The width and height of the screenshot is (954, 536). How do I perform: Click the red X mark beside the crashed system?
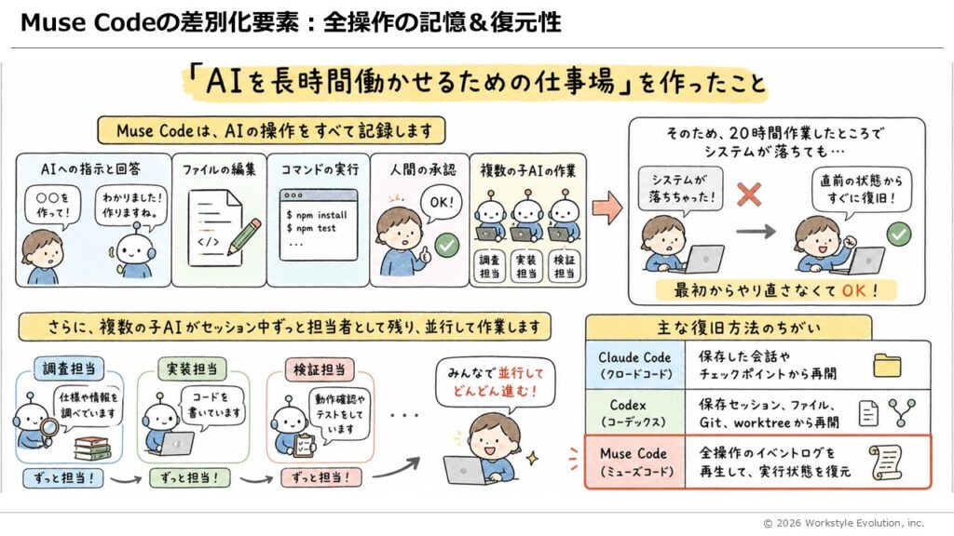pyautogui.click(x=749, y=195)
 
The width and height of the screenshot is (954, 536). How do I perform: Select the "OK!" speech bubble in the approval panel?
pyautogui.click(x=441, y=203)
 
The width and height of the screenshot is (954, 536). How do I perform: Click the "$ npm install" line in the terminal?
pyautogui.click(x=317, y=215)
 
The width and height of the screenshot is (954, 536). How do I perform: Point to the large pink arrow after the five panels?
pyautogui.click(x=607, y=208)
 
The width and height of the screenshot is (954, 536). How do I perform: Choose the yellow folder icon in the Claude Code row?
pyautogui.click(x=887, y=365)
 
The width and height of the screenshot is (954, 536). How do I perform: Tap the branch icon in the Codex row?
pyautogui.click(x=902, y=412)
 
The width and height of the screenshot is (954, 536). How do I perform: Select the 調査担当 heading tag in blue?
pyautogui.click(x=69, y=368)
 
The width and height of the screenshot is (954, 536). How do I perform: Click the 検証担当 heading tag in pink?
pyautogui.click(x=320, y=369)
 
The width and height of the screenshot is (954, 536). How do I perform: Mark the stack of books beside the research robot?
pyautogui.click(x=92, y=449)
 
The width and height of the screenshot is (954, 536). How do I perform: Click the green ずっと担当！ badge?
pyautogui.click(x=190, y=477)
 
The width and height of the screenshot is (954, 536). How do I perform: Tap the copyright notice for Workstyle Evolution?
pyautogui.click(x=843, y=523)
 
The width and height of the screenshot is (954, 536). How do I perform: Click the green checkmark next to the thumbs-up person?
pyautogui.click(x=447, y=246)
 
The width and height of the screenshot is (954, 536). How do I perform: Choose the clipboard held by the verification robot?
pyautogui.click(x=303, y=446)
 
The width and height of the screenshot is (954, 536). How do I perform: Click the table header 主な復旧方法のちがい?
pyautogui.click(x=729, y=328)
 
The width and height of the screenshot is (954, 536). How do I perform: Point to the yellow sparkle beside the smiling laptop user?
pyautogui.click(x=533, y=458)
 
